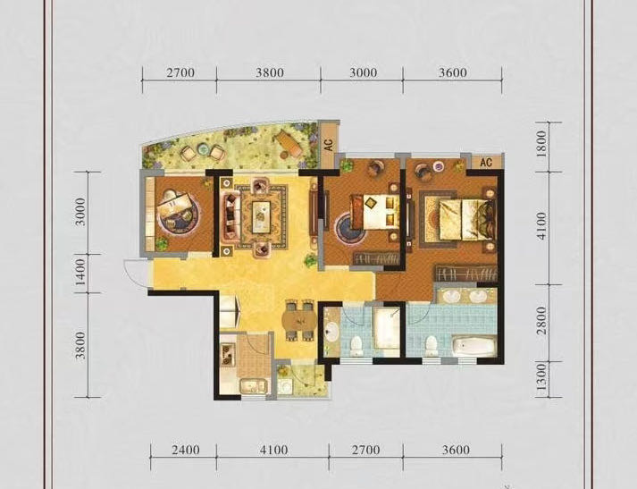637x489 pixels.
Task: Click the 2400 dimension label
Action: click(x=185, y=450)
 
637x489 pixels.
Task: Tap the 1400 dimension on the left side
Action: click(x=81, y=272)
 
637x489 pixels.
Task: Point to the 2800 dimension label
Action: click(x=542, y=321)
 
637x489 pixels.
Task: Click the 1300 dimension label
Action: click(x=542, y=377)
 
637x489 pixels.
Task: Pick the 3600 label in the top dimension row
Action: click(x=453, y=72)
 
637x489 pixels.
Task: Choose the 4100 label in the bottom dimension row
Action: click(x=273, y=450)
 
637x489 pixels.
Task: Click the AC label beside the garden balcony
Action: click(x=329, y=144)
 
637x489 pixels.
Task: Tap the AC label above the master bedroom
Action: click(x=486, y=163)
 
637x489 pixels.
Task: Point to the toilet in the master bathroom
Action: click(x=431, y=345)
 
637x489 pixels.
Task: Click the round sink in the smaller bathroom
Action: click(x=332, y=331)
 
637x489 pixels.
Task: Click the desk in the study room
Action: click(x=175, y=205)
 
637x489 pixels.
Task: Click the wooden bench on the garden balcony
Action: click(x=289, y=143)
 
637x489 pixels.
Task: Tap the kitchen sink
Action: click(x=253, y=386)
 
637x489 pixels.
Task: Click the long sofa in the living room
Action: click(x=230, y=216)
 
